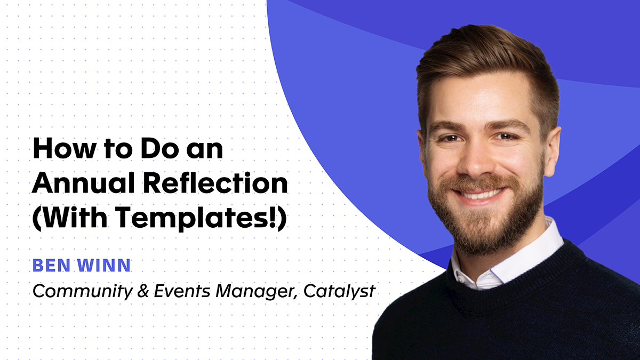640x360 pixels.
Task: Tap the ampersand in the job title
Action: coord(126,291)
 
